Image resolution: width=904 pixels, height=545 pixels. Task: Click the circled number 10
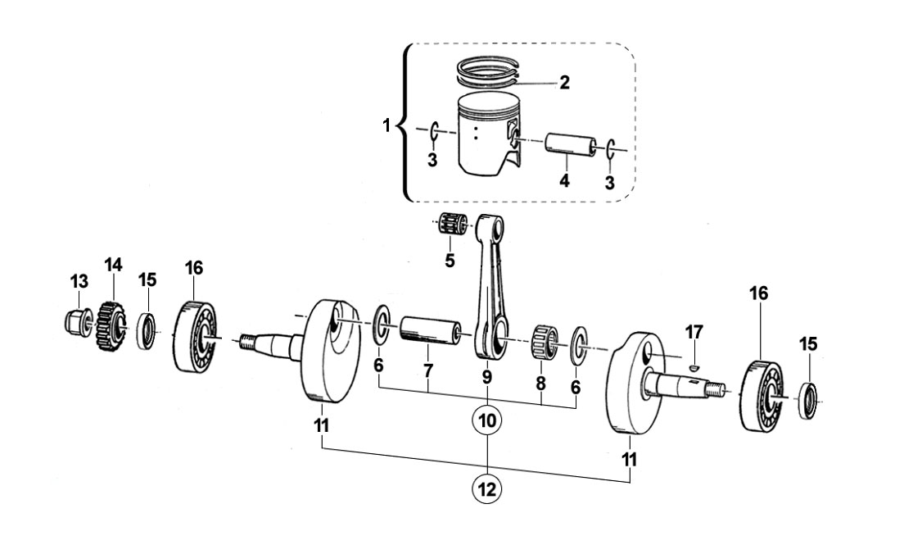(x=487, y=421)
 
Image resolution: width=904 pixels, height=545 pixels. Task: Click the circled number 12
(x=487, y=489)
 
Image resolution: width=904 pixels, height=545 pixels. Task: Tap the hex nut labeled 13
(x=77, y=321)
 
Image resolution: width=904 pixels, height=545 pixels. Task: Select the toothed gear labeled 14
(x=111, y=326)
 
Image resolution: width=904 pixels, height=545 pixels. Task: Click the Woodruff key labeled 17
(x=694, y=366)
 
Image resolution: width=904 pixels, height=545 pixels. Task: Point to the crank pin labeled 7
(x=430, y=331)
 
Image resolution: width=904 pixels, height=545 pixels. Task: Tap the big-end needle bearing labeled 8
(x=545, y=342)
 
